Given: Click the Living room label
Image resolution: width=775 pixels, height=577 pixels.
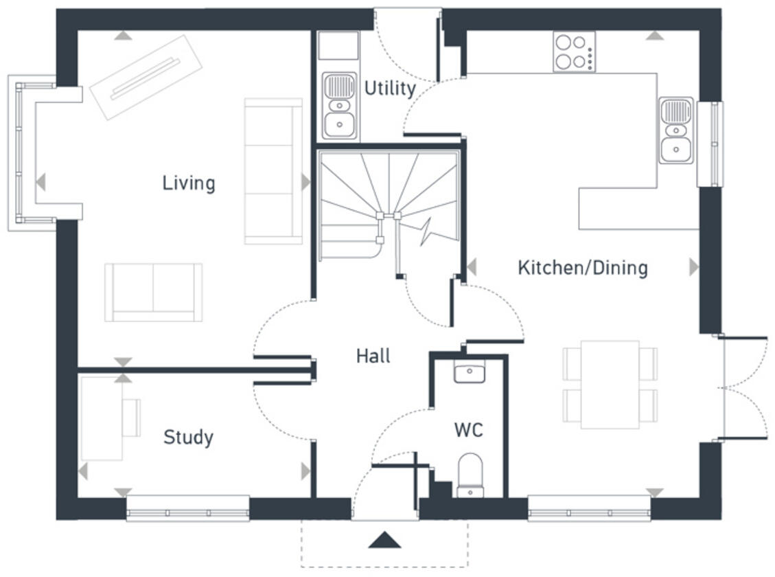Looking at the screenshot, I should [188, 183].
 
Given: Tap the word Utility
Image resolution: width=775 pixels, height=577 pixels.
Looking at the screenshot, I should [389, 89].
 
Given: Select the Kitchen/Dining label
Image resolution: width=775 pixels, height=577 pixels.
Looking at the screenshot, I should [582, 267].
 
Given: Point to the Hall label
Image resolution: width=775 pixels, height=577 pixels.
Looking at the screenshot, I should [373, 356].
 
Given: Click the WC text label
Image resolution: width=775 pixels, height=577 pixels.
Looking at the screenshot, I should [468, 431].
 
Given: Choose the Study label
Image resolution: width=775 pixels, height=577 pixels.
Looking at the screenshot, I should [187, 438].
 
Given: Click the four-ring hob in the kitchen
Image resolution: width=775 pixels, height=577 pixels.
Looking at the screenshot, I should [574, 52].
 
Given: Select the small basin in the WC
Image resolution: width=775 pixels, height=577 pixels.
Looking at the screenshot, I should [470, 372].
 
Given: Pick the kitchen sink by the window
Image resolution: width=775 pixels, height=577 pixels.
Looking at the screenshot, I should [676, 131].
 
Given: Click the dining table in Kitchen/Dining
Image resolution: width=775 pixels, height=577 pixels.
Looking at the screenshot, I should [610, 385].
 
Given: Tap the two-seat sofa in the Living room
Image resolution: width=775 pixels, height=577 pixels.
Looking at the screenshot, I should [153, 292].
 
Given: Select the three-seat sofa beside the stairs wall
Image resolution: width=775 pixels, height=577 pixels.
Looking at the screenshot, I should [273, 171].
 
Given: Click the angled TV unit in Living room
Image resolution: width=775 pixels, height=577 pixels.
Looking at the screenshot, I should [146, 77].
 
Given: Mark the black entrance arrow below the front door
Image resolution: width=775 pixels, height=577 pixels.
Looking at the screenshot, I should [384, 540].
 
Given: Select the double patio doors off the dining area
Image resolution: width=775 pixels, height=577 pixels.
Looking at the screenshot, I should [743, 388].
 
